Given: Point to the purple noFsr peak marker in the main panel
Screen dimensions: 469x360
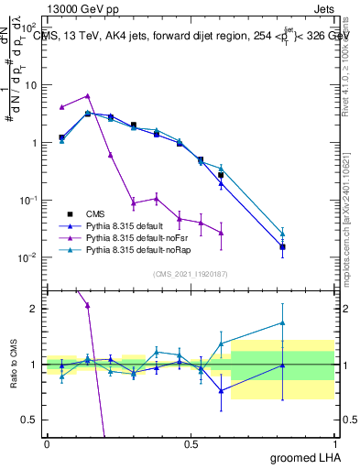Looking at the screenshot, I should (87, 95).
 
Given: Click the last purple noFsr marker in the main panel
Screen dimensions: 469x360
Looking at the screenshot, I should (221, 233).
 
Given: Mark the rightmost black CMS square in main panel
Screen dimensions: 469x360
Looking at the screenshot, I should (282, 246).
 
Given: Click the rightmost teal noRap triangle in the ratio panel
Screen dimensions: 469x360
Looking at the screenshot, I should (282, 322).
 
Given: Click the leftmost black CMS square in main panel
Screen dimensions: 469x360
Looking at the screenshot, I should (61, 137).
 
